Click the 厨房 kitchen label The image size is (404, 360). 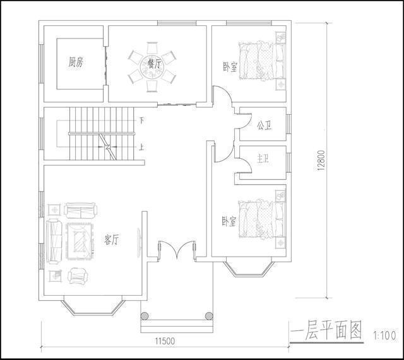pos(76,62)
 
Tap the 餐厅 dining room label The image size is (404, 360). pos(153,64)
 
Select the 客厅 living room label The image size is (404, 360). pos(112,240)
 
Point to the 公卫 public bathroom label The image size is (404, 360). pos(263,124)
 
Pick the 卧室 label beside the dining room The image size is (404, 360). pos(230,67)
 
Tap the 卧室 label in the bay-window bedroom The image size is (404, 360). pos(229,222)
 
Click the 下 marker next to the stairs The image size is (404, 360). pos(141,120)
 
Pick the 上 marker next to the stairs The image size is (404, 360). pos(141,148)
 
